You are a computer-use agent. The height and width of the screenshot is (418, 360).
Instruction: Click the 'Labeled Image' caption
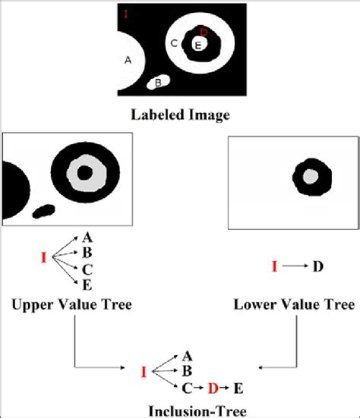tap(181, 115)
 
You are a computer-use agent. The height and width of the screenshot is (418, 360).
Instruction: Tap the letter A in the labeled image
tap(128, 60)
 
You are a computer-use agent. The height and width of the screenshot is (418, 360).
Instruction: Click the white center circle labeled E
tap(198, 46)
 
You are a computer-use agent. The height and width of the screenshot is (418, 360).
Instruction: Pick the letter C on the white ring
tap(174, 43)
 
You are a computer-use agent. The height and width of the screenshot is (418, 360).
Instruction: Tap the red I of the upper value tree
tap(43, 258)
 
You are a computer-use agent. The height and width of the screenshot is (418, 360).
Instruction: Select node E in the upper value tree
tap(88, 284)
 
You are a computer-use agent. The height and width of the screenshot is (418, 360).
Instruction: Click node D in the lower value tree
tap(318, 266)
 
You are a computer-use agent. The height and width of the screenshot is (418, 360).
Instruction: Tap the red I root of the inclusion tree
tap(143, 372)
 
